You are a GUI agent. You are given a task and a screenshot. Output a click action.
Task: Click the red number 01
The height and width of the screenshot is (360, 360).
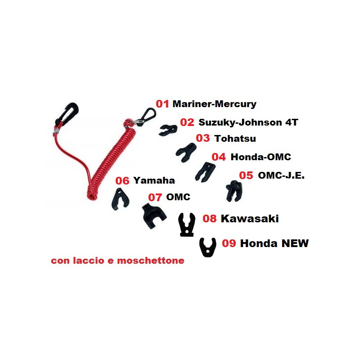pos(162,104)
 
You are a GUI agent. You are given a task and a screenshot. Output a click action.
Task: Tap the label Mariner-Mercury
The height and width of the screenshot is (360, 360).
pos(215,104)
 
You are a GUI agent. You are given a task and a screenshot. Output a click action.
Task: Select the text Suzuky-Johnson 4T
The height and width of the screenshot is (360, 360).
pos(248,122)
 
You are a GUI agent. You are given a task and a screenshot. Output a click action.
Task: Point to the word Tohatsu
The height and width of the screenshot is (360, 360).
pos(235,139)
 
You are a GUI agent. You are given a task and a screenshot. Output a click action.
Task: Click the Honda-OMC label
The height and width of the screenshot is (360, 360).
pos(261,157)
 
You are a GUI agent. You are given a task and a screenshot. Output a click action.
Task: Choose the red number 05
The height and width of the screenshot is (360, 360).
pos(246,175)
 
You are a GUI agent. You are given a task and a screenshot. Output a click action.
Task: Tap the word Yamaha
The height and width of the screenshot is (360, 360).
pos(154,180)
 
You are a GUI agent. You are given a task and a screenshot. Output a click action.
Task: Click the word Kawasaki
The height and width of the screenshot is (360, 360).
pos(250,219)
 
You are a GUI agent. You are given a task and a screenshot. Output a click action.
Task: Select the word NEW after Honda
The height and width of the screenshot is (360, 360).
pos(295,243)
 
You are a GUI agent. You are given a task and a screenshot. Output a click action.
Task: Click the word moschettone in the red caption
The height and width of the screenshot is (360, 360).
pos(151,261)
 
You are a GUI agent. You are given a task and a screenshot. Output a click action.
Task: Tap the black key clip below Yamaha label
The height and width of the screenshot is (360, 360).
pos(120,199)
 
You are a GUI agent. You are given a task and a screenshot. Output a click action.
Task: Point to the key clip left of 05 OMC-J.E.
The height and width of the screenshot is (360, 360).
pos(234,191)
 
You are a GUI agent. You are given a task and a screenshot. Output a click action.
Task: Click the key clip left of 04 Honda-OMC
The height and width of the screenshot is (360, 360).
pos(205,172)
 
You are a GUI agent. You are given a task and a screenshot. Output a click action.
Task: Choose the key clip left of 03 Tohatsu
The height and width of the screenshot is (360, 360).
pos(186,153)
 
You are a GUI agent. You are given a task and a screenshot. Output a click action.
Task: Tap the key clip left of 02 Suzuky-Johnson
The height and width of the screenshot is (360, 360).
pos(168,130)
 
